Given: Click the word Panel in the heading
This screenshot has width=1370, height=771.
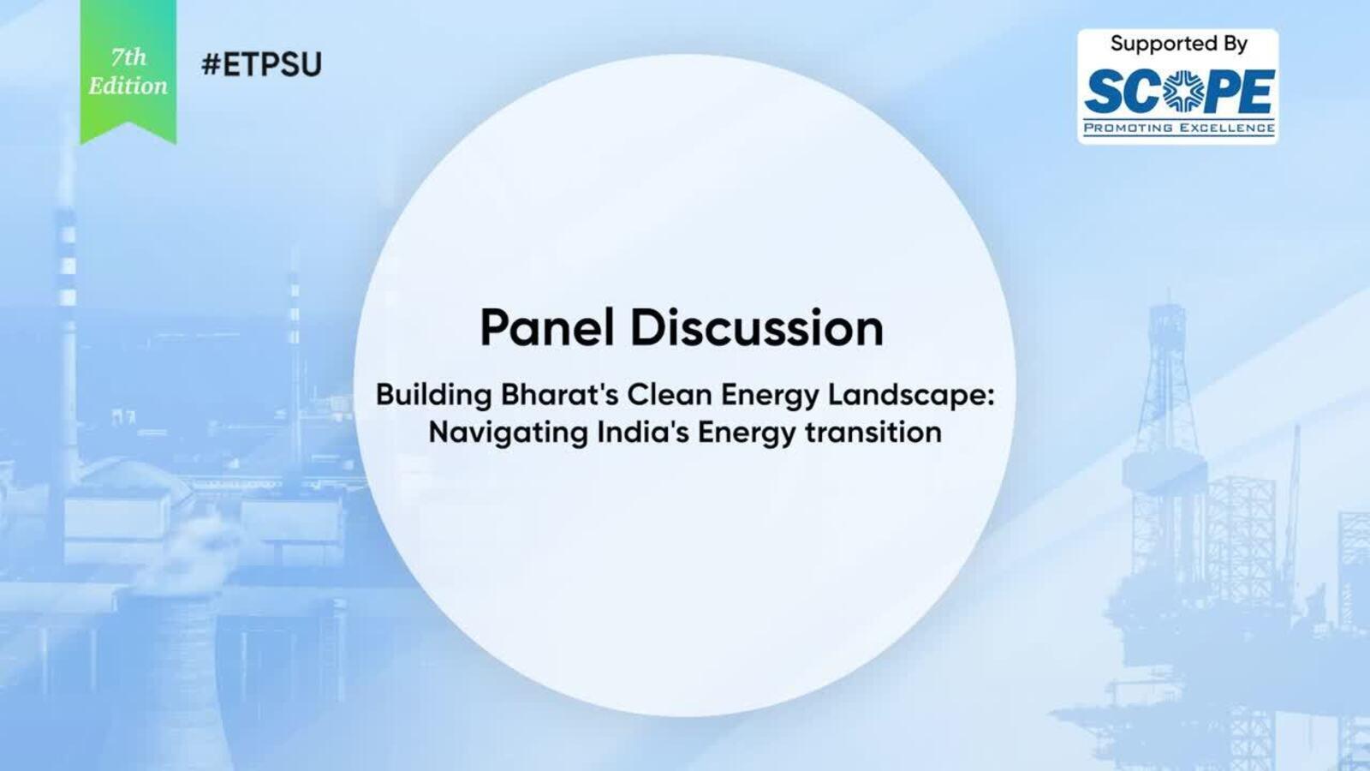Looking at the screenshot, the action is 547,327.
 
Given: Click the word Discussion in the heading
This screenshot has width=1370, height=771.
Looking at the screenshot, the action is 757,327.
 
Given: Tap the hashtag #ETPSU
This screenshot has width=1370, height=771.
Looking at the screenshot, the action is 261,64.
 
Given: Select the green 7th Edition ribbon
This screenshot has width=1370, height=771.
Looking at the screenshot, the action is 128,72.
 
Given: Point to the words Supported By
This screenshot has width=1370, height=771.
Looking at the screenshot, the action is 1178,45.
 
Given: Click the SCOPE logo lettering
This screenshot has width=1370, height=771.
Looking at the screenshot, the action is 1179,92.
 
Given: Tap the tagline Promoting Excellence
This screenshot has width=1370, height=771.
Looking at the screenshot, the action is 1179,128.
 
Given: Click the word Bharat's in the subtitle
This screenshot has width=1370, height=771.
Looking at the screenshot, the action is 559,395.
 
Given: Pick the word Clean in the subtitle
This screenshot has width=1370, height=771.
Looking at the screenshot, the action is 671,395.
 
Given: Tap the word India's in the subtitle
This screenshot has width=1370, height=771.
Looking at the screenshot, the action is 643,432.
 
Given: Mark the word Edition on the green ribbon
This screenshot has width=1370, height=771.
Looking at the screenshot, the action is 128,86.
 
